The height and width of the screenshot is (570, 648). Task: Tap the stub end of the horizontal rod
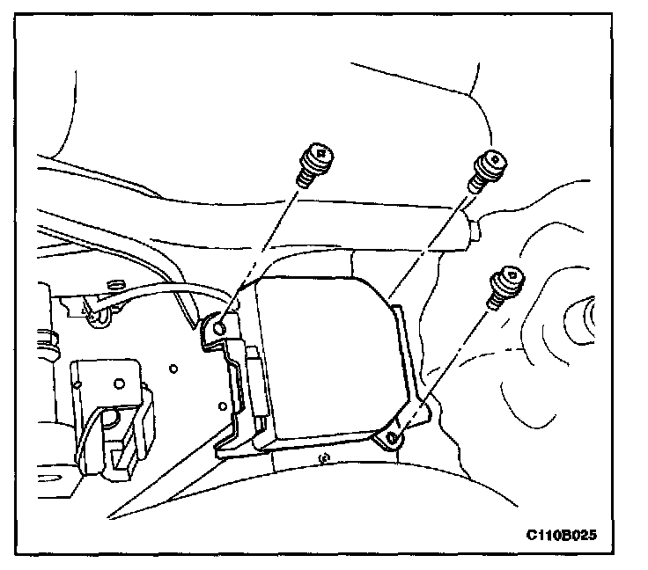tap(474, 230)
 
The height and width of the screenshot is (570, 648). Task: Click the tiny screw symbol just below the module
tap(324, 457)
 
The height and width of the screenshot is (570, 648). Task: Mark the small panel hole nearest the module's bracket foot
tap(222, 406)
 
